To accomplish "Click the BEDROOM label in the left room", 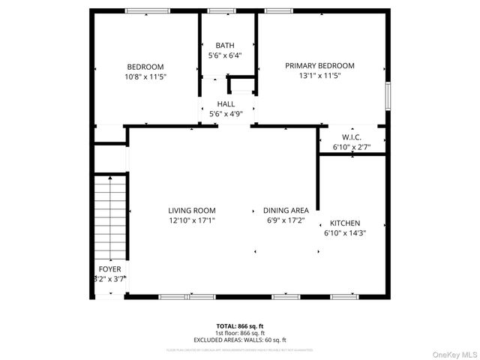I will [145, 67].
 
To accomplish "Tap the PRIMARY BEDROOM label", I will [319, 66].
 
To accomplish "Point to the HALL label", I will [226, 104].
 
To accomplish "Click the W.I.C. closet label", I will [352, 137].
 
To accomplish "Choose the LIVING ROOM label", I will [192, 211].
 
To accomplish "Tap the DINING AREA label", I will [286, 211].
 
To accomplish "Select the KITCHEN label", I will [345, 223].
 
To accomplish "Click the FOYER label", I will [109, 269].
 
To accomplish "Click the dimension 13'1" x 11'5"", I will [319, 76].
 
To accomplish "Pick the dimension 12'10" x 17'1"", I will [192, 220].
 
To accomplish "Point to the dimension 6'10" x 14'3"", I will [345, 233].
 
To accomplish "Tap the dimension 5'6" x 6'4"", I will [225, 55].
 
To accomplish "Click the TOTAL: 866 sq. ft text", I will [241, 326].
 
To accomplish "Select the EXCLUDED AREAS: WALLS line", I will [241, 339].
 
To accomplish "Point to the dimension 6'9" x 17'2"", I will [286, 220].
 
